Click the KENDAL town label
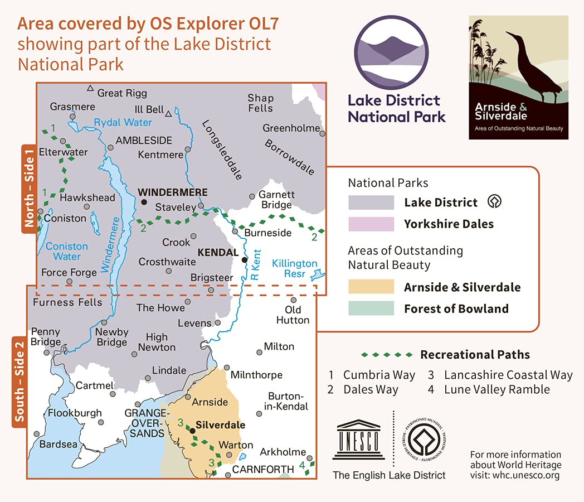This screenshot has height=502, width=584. [218, 253]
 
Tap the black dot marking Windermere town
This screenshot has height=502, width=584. [144, 202]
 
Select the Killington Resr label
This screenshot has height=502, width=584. [295, 269]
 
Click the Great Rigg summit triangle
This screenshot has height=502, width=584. [90, 88]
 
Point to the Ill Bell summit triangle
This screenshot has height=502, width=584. [168, 113]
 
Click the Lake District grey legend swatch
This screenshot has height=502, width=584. [370, 202]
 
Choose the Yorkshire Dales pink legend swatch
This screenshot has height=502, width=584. [370, 224]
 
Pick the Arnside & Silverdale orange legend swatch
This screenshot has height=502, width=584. [370, 287]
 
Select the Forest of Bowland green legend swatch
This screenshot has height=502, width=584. [370, 308]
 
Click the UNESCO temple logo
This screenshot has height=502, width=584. [359, 440]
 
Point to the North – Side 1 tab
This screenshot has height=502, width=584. [29, 189]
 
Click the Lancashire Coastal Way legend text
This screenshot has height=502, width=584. [508, 375]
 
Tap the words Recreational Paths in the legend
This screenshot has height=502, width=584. [475, 355]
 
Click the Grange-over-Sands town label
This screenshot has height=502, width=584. [146, 423]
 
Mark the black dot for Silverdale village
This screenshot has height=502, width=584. [192, 431]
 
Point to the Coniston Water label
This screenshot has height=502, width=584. [67, 252]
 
